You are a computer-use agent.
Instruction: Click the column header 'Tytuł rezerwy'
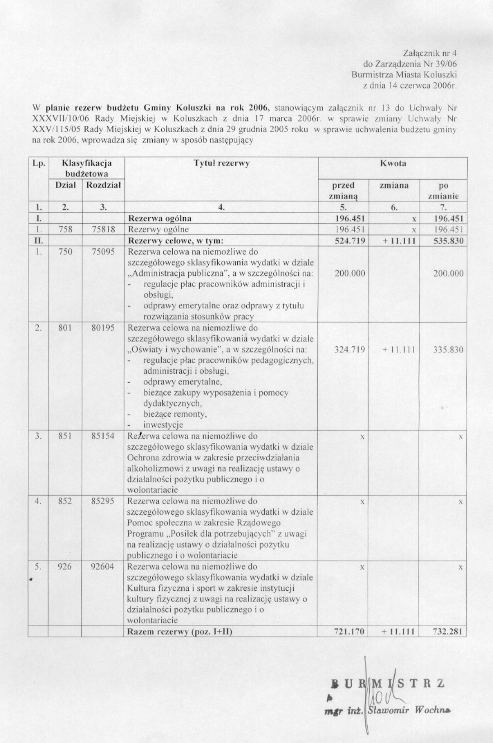click(221, 163)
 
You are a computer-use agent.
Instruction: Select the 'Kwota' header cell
click(392, 163)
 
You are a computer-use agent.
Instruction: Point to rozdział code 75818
click(103, 229)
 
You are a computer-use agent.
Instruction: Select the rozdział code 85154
click(103, 435)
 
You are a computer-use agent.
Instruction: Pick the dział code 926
click(65, 566)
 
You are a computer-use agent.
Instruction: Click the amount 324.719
click(349, 350)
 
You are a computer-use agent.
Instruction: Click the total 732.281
click(448, 632)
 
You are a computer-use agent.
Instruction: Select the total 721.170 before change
click(349, 632)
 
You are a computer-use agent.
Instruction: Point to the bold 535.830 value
click(448, 241)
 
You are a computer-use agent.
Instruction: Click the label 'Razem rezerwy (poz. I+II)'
click(180, 632)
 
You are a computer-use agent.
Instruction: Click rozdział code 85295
click(103, 502)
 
